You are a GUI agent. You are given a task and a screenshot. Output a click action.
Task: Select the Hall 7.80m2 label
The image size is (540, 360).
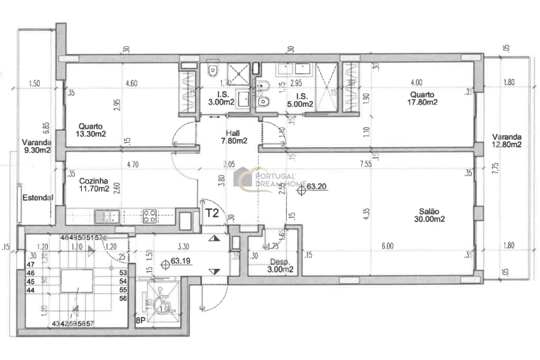point(233,137)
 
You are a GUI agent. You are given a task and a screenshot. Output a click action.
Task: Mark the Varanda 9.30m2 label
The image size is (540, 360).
point(37,146)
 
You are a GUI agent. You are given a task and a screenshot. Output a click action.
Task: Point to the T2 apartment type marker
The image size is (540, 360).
point(212,212)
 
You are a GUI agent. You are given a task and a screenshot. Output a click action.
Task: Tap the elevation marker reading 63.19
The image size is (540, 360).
point(176,263)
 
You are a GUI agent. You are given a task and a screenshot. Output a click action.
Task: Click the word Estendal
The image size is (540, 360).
point(37,197)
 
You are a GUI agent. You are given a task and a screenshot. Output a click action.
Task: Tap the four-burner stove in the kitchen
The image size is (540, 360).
point(149,216)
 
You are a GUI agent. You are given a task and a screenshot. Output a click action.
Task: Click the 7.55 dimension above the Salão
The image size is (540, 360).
point(366,162)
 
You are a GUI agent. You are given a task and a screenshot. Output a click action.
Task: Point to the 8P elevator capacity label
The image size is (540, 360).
point(141,321)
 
